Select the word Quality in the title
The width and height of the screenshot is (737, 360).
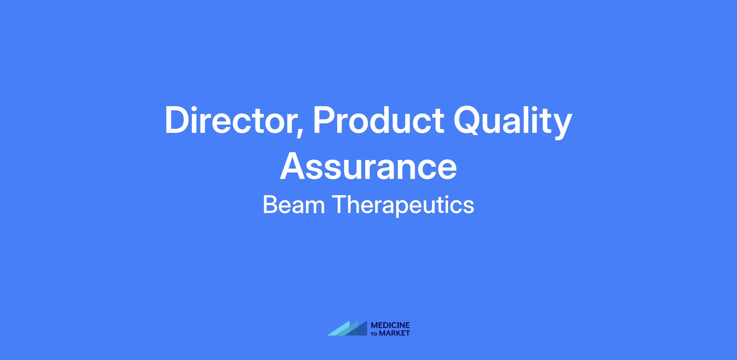[x=513, y=122]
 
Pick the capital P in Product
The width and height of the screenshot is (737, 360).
[x=324, y=120]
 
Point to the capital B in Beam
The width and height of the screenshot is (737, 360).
[x=270, y=205]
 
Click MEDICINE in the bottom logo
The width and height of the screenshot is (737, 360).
[x=390, y=325]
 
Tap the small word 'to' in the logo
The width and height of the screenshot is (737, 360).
[x=374, y=334]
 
